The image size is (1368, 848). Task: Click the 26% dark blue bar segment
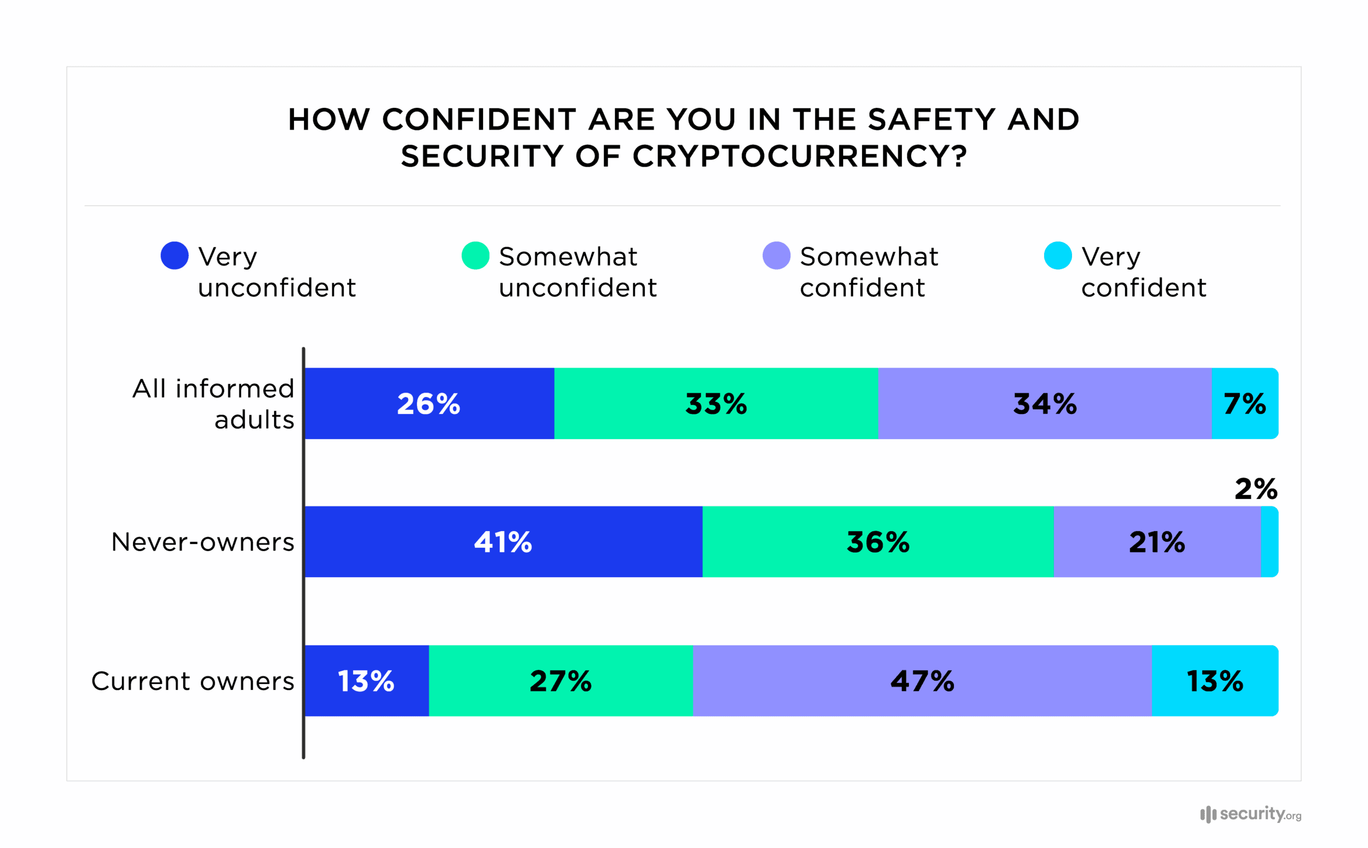point(429,403)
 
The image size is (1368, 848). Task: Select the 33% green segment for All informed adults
point(716,403)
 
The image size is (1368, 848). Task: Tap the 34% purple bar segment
point(1044,403)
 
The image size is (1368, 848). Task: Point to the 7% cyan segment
point(1244,403)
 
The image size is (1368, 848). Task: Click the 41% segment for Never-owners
point(503,542)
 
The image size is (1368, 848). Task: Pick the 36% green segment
point(878,542)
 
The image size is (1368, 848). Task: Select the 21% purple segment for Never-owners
point(1156,542)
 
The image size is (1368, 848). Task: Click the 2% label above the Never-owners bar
point(1256,488)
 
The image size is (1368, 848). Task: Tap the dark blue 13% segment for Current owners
point(366,680)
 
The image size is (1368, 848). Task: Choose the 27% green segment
point(561,680)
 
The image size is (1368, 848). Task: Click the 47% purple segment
point(922,680)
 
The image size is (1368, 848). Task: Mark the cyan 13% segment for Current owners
point(1215,680)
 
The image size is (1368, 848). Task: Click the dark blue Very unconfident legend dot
point(174,256)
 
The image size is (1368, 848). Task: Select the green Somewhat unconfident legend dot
point(475,256)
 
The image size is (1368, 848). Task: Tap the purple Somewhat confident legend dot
point(776,256)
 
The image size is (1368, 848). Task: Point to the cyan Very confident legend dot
point(1058,256)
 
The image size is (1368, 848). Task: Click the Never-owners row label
point(203,542)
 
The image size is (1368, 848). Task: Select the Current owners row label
point(192,681)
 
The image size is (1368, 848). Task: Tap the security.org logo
point(1250,814)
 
